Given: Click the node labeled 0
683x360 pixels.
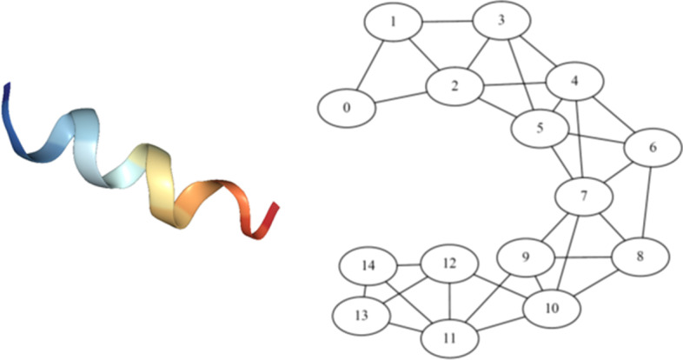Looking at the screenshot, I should (x=347, y=109).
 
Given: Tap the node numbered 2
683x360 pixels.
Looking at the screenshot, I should (x=454, y=86).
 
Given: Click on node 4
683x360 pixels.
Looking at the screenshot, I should (x=574, y=82).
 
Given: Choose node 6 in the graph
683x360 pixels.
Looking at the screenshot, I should (x=653, y=148).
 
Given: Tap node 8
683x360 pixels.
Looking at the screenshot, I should (x=640, y=257).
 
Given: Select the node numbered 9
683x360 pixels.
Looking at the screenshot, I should (x=526, y=257).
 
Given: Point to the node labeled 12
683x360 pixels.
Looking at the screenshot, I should (x=449, y=263).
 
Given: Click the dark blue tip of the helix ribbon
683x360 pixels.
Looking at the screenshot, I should (x=8, y=94).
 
